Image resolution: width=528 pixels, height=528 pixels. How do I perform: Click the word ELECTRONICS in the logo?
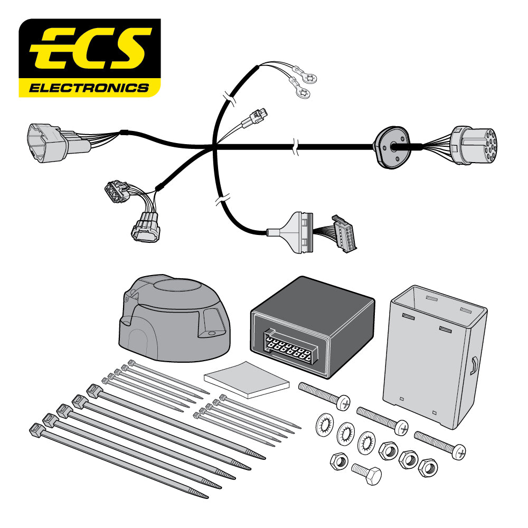click(x=89, y=87)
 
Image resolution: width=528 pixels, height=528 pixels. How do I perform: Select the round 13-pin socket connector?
click(x=474, y=145)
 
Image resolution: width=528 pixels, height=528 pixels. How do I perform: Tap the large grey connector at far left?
click(x=46, y=142)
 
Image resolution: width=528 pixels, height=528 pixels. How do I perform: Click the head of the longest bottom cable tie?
click(x=36, y=428)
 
